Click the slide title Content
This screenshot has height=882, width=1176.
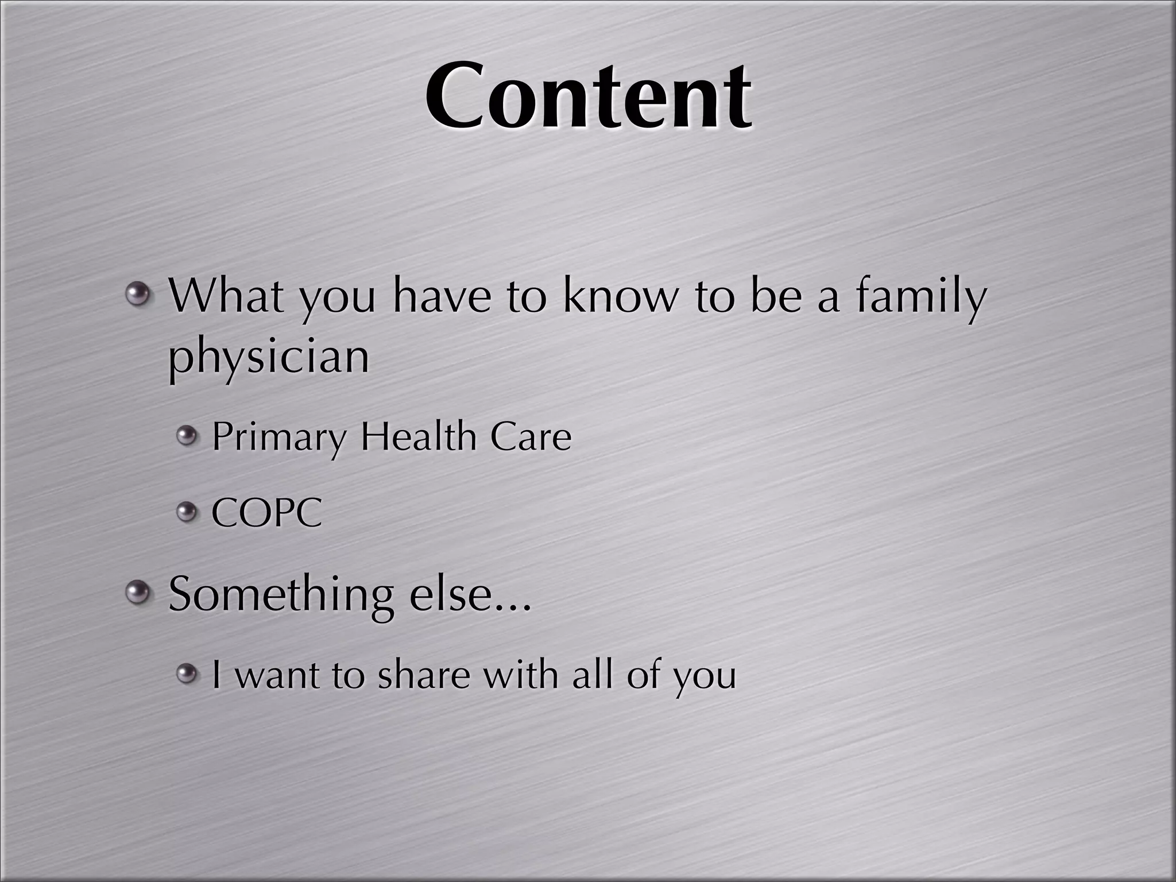pos(588,96)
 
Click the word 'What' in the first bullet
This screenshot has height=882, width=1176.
pos(226,296)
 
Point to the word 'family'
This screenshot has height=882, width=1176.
pos(921,297)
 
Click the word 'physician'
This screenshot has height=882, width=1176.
pos(269,357)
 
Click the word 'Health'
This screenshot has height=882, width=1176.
pos(418,436)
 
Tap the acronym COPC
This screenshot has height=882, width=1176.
pos(266,512)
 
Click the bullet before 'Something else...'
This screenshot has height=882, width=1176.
pos(138,593)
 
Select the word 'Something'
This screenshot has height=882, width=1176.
pos(281,595)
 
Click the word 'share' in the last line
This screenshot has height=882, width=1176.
pos(424,674)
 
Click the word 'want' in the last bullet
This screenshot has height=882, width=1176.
pos(277,675)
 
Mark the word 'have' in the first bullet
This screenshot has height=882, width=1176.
pos(442,296)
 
